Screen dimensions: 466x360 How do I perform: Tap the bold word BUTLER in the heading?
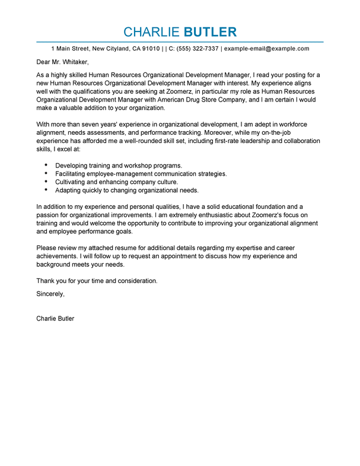click(x=211, y=32)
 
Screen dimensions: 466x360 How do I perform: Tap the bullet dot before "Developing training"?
click(x=46, y=164)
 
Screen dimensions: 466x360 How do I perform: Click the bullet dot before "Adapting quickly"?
click(x=46, y=190)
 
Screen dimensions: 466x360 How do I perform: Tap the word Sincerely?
click(x=50, y=294)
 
